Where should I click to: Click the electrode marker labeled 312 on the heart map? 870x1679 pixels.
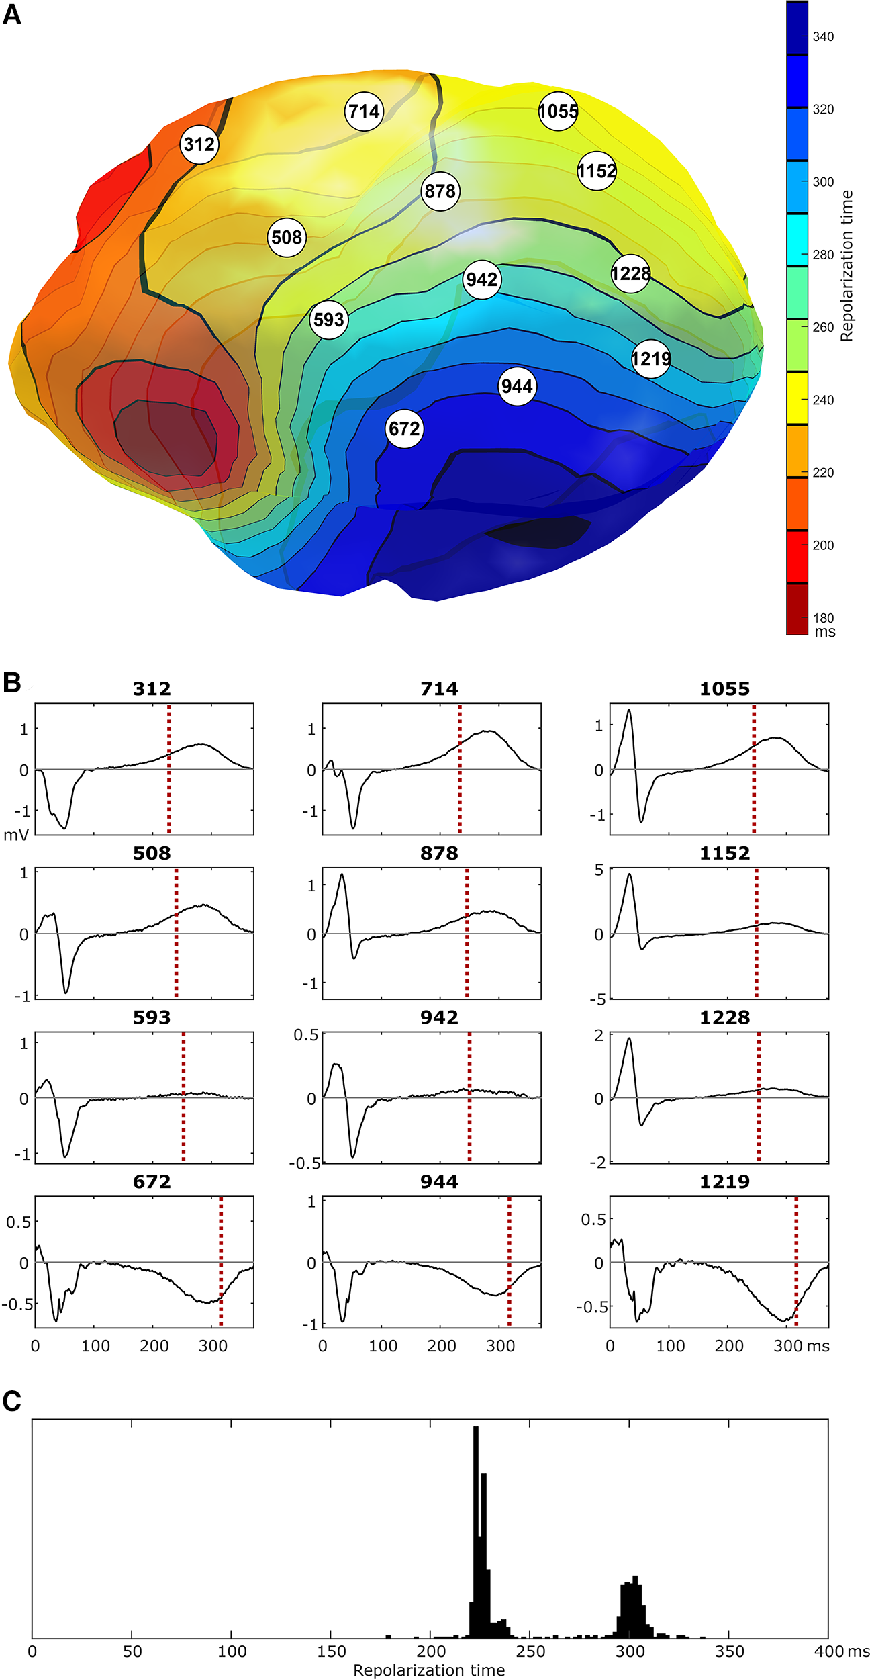tap(199, 144)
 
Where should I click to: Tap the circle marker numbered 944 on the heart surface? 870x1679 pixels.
tap(517, 386)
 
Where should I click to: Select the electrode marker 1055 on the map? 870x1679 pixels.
tap(558, 111)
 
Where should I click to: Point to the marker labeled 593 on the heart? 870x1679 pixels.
tap(328, 320)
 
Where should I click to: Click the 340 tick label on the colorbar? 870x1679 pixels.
tap(823, 37)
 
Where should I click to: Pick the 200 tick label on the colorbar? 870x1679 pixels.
tap(823, 545)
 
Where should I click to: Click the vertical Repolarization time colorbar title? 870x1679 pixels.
tap(847, 265)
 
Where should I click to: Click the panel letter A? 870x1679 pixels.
tap(12, 15)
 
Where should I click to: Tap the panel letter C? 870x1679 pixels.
tap(12, 1402)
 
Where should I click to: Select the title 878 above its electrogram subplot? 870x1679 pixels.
tap(439, 854)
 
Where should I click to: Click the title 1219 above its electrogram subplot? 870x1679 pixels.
tap(724, 1182)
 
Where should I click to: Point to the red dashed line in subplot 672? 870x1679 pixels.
tap(221, 1263)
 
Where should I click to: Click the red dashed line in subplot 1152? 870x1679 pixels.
tap(756, 934)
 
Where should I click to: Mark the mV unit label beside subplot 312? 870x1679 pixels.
tap(16, 835)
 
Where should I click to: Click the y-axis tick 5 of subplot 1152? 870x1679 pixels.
tap(599, 870)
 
